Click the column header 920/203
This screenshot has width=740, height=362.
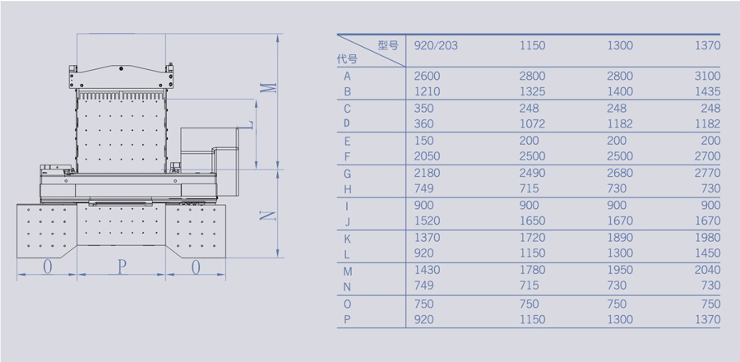[x=436, y=45]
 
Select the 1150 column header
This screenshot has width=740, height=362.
[x=532, y=45]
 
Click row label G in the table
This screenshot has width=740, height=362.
[x=348, y=174]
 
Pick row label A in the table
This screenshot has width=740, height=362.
[x=348, y=77]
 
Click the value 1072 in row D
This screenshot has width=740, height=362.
[x=532, y=124]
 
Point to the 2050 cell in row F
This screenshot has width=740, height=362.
[x=428, y=156]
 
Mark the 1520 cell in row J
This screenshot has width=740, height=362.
[x=428, y=221]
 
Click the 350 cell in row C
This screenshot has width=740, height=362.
[x=424, y=109]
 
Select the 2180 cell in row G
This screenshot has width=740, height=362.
[x=428, y=174]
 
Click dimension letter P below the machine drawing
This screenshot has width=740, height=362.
[x=122, y=267]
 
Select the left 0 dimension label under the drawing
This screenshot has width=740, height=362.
[x=47, y=267]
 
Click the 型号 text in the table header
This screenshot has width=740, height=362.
[x=388, y=45]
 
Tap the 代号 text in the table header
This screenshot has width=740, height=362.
[x=347, y=59]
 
